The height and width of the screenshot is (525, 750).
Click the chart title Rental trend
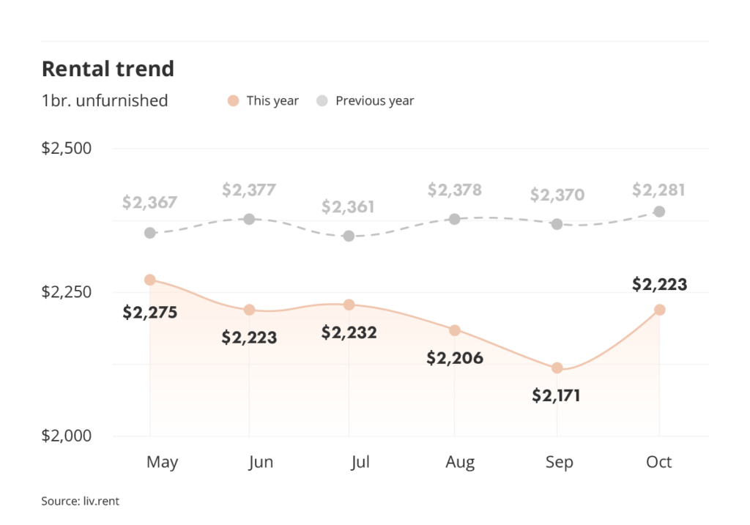[x=108, y=69]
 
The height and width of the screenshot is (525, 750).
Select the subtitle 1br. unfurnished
[x=105, y=100]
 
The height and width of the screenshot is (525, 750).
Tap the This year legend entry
[x=264, y=101]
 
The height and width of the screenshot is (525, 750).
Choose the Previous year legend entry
[x=365, y=101]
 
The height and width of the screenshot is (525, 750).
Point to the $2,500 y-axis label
[x=67, y=148]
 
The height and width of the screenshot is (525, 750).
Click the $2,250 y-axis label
[x=67, y=292]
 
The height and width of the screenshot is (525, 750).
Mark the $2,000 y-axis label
[x=67, y=436]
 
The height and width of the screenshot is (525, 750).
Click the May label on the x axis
[x=162, y=462]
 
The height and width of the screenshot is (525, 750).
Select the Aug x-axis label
[x=460, y=462]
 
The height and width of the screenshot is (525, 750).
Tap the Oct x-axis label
[x=659, y=462]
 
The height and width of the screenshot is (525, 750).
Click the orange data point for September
[x=557, y=368]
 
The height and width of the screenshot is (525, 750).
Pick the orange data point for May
[x=150, y=280]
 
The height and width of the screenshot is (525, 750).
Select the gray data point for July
[x=349, y=236]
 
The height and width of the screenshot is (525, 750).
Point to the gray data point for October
[x=659, y=212]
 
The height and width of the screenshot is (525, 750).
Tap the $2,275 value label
[x=150, y=313]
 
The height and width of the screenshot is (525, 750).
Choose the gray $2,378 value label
[x=455, y=190]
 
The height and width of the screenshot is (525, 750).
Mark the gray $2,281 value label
[x=659, y=190]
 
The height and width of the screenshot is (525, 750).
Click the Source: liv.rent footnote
[x=80, y=502]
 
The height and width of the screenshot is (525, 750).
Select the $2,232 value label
[x=349, y=332]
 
